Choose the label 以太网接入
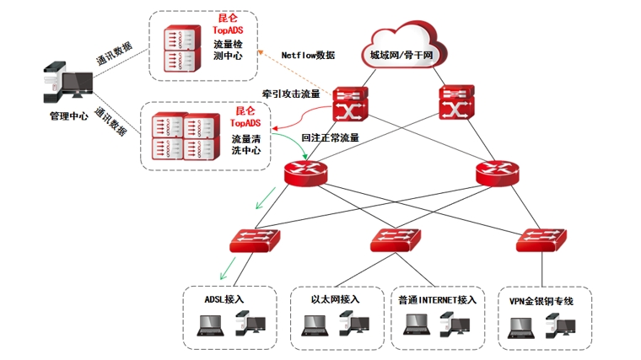tap(335, 298)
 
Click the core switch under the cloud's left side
tap(348, 105)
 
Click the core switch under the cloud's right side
tap(456, 105)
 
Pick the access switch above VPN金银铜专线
tap(541, 240)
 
